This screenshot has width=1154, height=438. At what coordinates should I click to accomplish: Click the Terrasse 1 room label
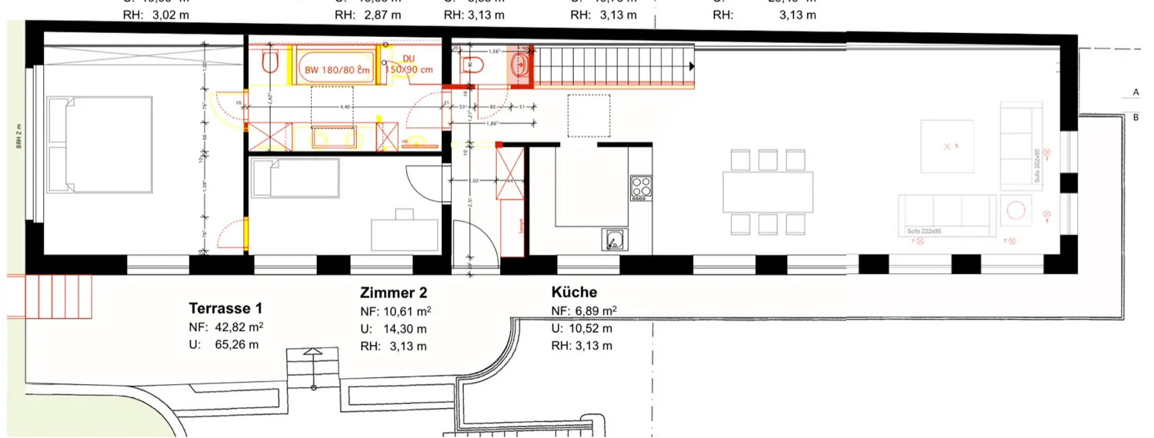pos(231,309)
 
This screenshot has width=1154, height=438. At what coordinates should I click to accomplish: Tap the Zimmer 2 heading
pos(393,293)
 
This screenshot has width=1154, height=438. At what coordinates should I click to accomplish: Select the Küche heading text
pos(574,293)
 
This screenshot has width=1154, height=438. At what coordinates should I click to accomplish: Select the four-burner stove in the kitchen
pos(640,188)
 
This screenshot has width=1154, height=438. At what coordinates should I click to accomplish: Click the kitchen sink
pos(612,240)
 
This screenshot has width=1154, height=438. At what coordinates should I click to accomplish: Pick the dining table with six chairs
pos(768,192)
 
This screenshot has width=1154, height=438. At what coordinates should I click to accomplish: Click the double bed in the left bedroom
pos(98,144)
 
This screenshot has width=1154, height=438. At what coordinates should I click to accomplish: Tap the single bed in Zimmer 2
pos(295,181)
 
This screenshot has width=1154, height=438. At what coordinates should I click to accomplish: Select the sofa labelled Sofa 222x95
pos(946,215)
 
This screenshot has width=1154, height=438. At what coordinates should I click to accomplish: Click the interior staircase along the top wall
pos(613,65)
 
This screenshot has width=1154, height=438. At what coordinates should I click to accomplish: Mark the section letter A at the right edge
pos(1136,92)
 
